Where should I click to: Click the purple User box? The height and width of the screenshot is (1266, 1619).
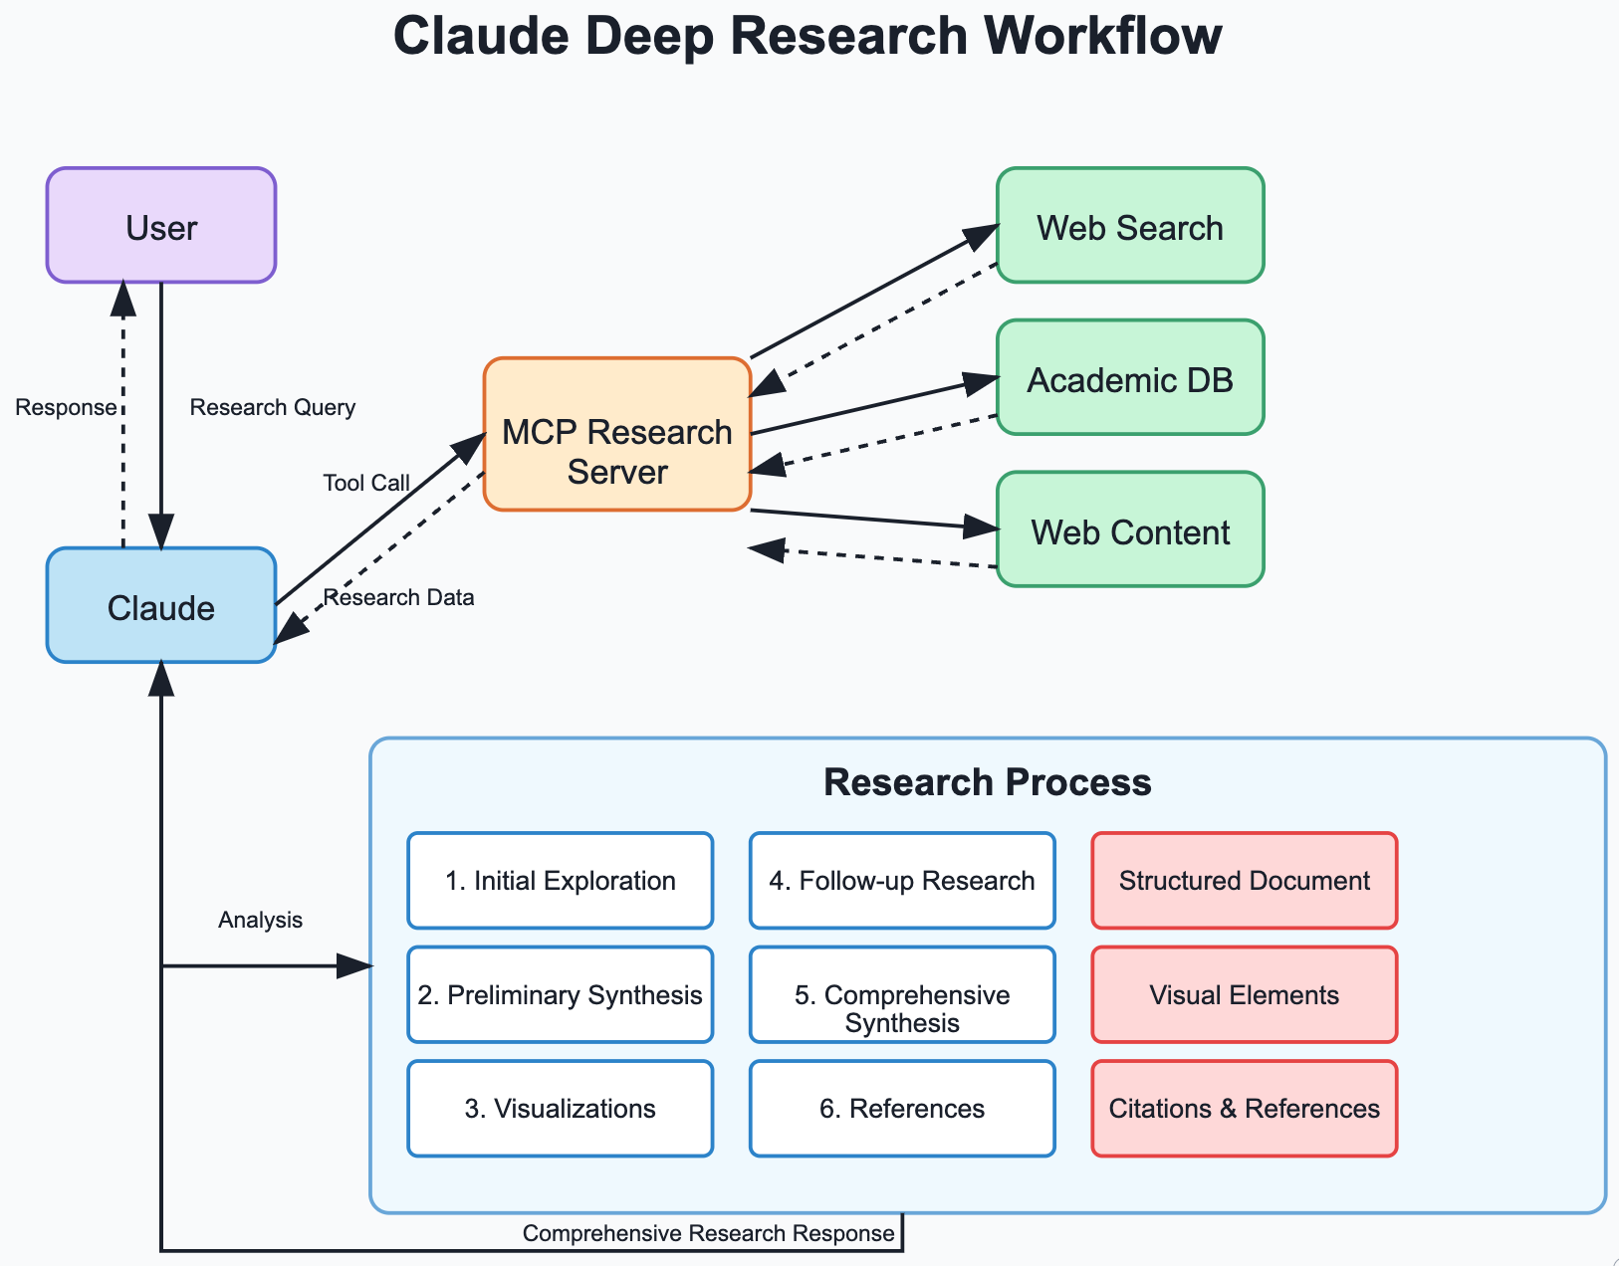(161, 226)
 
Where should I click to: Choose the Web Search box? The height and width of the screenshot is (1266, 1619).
(1130, 226)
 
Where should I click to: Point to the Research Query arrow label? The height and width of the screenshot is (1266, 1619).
(272, 407)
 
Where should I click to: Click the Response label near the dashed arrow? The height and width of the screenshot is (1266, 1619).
(66, 407)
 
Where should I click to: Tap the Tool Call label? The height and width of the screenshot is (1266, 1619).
(365, 483)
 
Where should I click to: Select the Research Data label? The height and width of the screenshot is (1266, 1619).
(398, 597)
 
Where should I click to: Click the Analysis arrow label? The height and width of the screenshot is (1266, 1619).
(260, 920)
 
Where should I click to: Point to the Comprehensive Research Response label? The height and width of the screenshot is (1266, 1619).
(708, 1233)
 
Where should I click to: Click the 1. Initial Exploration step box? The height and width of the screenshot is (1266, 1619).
(560, 881)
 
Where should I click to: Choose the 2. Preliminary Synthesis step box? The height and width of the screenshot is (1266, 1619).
(560, 995)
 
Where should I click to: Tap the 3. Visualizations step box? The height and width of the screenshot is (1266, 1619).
(560, 1109)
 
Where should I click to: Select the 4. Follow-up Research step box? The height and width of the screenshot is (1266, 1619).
(902, 881)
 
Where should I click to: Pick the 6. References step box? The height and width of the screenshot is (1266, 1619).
(902, 1109)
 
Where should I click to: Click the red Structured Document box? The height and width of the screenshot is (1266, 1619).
(1244, 881)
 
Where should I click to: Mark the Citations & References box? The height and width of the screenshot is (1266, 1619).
(1244, 1109)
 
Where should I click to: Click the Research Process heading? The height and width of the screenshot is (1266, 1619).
(987, 782)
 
